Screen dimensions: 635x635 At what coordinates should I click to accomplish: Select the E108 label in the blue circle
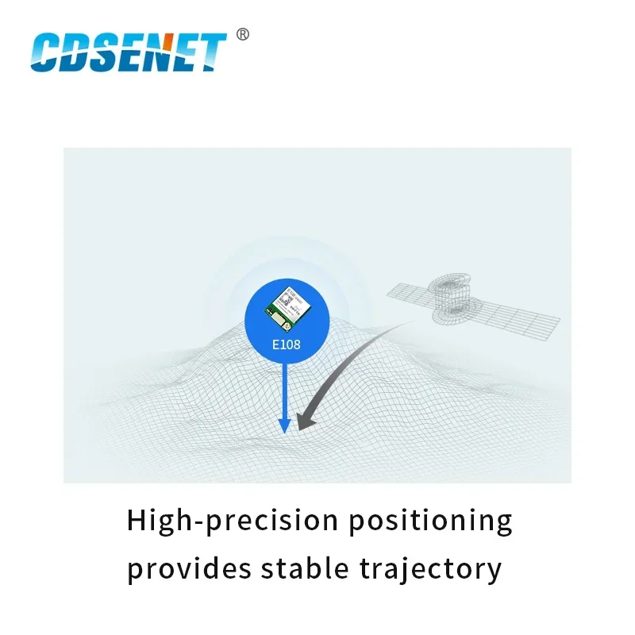(285, 346)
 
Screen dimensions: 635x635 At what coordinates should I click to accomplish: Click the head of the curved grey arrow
(306, 420)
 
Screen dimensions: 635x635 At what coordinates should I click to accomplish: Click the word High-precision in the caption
(222, 521)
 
